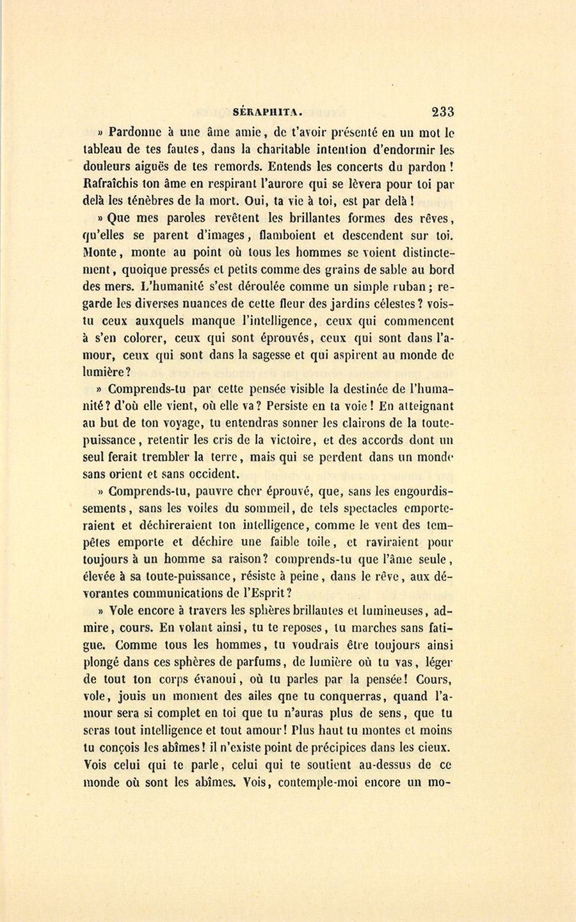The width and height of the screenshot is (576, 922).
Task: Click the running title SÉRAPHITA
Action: coord(263,111)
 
